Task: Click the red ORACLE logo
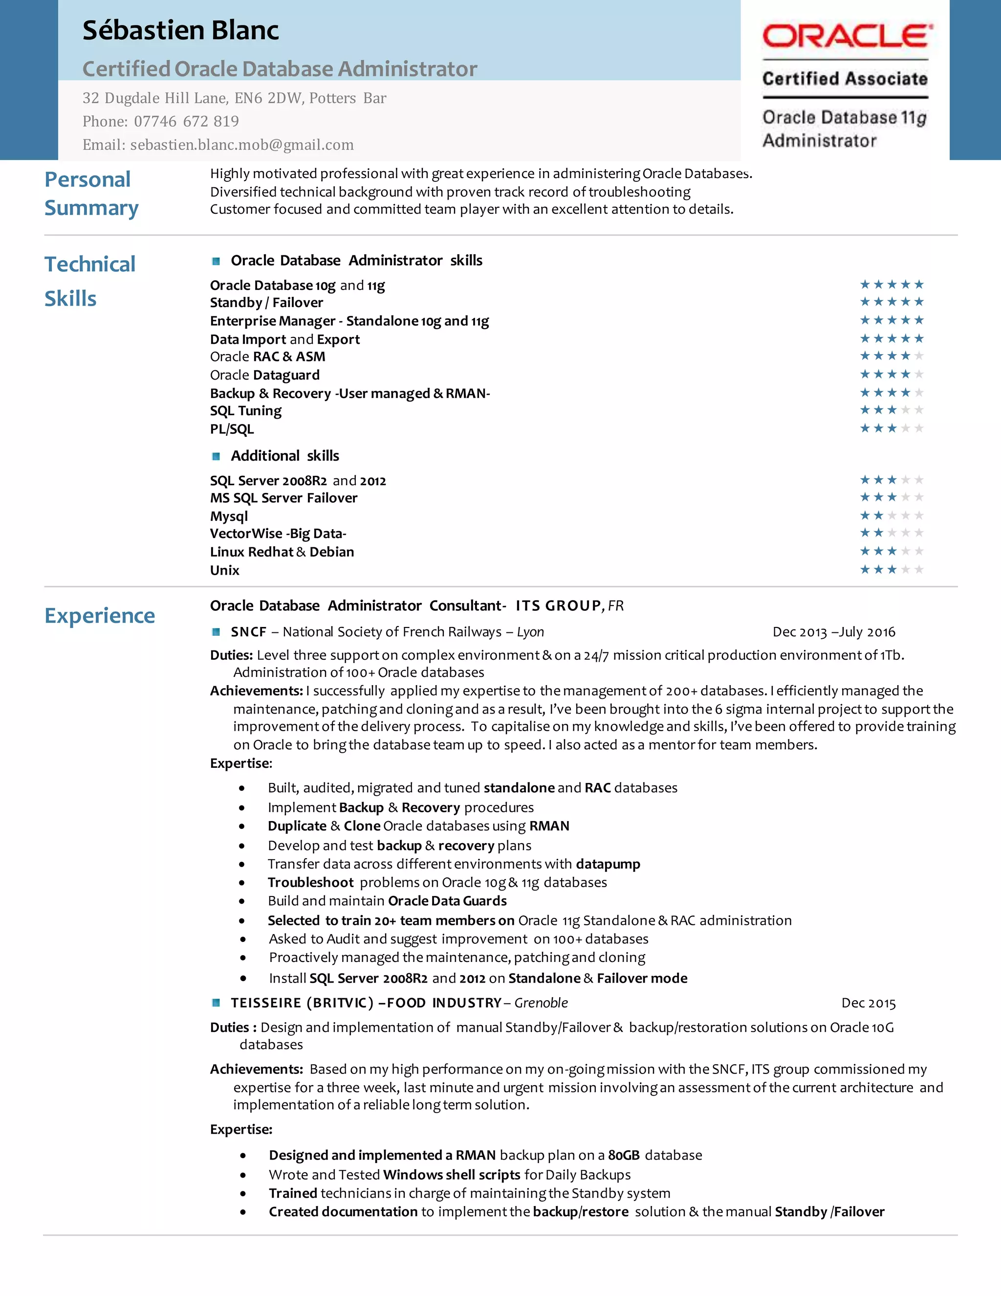[847, 36]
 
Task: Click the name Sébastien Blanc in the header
[180, 31]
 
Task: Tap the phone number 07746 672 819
[186, 122]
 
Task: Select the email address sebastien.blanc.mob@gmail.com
[242, 145]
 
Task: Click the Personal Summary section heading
[91, 194]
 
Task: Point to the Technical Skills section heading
[89, 281]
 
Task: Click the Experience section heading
[100, 615]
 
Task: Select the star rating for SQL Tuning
[892, 410]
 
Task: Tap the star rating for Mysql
[892, 515]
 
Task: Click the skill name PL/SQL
[232, 429]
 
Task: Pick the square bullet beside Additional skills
[217, 456]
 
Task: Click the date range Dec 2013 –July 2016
[833, 632]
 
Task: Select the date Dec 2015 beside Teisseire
[868, 1004]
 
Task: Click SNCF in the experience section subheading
[248, 632]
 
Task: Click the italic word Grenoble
[541, 1003]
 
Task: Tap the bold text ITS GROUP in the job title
[558, 606]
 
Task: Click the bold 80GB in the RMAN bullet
[624, 1155]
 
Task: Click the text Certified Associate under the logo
[845, 79]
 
